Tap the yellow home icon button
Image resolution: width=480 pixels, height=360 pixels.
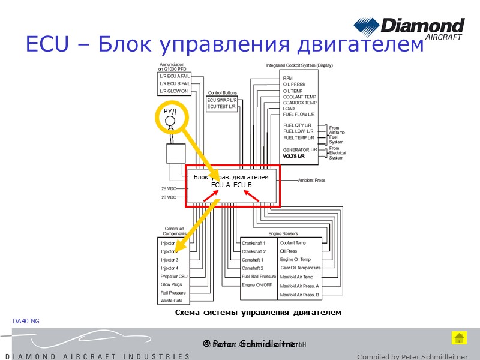click(459, 338)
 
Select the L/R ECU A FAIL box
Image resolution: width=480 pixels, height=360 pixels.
click(174, 76)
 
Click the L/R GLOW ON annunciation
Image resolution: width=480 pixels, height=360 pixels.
click(174, 91)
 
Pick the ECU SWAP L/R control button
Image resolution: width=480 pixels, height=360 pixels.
click(221, 100)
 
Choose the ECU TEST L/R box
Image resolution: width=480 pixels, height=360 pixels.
click(221, 107)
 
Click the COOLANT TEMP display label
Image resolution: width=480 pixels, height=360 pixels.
click(299, 97)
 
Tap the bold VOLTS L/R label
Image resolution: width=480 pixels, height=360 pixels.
click(294, 156)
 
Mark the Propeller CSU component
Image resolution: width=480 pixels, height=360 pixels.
click(174, 277)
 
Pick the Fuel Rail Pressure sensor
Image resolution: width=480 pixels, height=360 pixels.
click(259, 277)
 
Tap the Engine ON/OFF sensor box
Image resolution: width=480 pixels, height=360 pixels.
click(256, 285)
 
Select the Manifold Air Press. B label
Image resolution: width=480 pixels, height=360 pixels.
click(300, 295)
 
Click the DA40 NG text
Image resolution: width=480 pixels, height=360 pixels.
click(26, 322)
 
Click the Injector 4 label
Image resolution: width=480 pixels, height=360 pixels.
click(170, 268)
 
